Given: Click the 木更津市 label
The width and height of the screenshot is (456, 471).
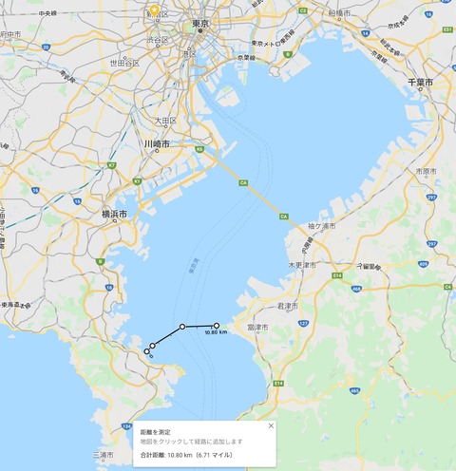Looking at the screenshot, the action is (x=302, y=263).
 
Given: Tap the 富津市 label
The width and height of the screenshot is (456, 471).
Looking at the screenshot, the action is (x=257, y=326).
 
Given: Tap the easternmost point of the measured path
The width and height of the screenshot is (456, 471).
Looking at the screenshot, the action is (x=217, y=326).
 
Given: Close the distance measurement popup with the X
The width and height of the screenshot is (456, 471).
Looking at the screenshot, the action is (x=270, y=425).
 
